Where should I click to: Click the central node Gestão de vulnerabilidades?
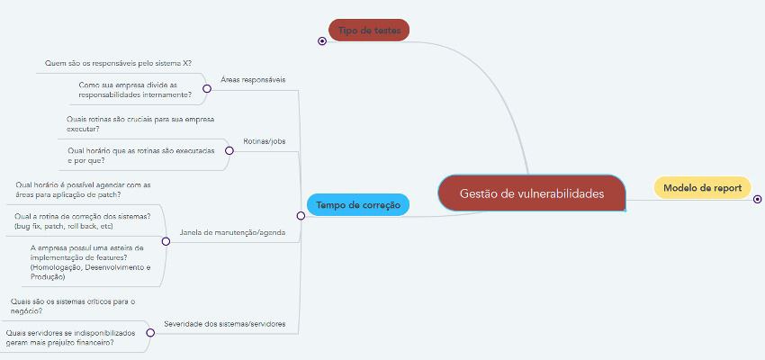point(531,193)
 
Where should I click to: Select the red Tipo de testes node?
point(369,31)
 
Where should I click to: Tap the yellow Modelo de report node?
point(702,187)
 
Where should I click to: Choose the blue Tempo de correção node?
point(358,205)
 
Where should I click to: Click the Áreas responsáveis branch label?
point(253,79)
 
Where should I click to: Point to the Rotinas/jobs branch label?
point(265,141)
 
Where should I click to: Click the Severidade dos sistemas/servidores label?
point(224,323)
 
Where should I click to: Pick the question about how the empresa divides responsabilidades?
point(135,89)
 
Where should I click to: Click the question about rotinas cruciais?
point(139,123)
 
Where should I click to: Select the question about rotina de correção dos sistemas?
point(82,220)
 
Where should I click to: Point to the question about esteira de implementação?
point(90,262)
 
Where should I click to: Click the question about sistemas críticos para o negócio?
point(71,306)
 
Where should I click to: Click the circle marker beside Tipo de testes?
point(322,41)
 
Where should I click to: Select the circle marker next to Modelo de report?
point(757,199)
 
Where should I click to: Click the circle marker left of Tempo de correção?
point(301,215)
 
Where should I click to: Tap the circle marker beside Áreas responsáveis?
point(207,88)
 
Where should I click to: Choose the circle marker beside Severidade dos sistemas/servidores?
point(149,333)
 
